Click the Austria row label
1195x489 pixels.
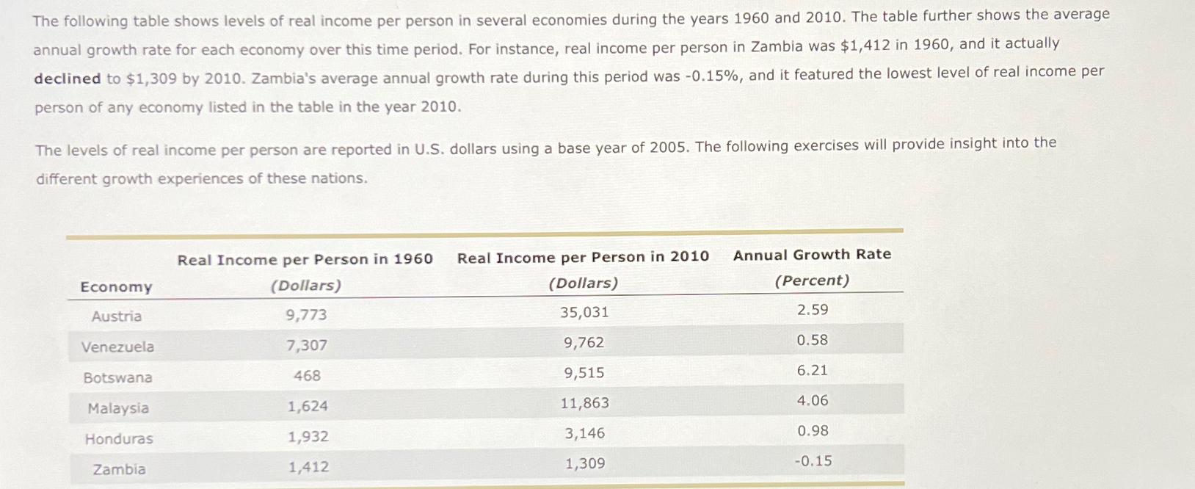point(117,316)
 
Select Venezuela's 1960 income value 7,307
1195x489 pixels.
point(307,345)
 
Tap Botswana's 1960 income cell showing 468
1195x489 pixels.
point(307,376)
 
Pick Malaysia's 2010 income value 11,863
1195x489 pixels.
point(584,403)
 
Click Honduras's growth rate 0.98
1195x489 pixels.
point(813,431)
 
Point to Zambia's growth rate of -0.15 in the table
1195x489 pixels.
point(813,461)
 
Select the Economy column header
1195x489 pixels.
point(116,287)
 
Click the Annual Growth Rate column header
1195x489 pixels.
point(812,255)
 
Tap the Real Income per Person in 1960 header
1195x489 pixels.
point(305,259)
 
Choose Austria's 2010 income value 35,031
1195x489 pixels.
point(584,312)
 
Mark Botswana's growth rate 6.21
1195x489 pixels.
point(812,371)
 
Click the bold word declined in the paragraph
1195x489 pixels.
point(67,79)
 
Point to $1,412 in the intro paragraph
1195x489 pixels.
point(865,46)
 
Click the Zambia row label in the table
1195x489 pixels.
point(119,469)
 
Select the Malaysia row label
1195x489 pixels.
point(118,408)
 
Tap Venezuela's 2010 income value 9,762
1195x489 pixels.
point(584,343)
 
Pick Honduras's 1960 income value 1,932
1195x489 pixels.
point(308,437)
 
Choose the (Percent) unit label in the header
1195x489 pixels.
point(812,280)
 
